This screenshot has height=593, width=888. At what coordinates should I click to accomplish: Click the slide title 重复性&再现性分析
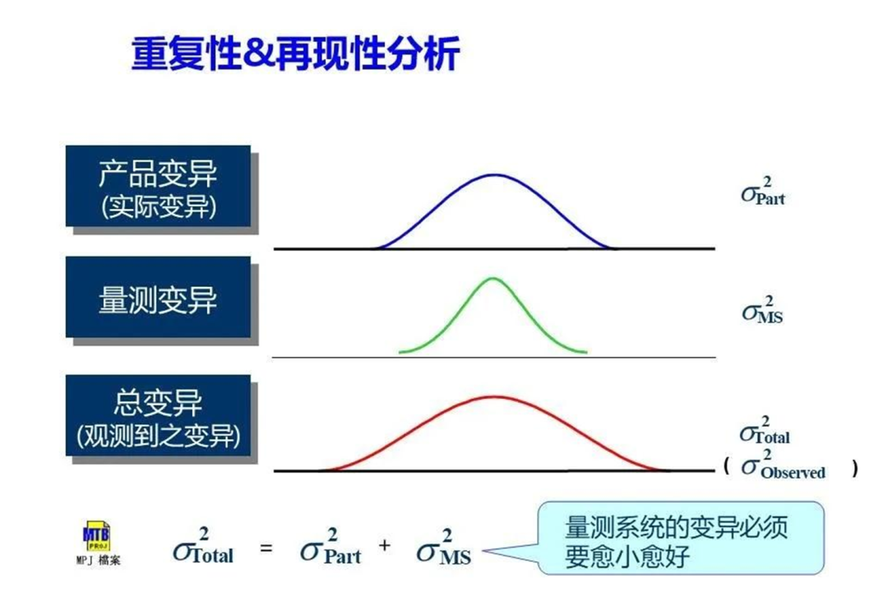(295, 53)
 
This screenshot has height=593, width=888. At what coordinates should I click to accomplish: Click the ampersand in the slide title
(259, 54)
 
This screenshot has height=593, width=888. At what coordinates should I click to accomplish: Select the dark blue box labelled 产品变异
(158, 187)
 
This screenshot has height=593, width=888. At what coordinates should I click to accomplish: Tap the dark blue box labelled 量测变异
(158, 298)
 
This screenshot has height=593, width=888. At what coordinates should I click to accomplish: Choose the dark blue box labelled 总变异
(158, 415)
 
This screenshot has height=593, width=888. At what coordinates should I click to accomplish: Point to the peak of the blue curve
(494, 174)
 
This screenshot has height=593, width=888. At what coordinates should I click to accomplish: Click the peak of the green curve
(493, 278)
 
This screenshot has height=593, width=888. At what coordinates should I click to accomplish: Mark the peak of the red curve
(494, 396)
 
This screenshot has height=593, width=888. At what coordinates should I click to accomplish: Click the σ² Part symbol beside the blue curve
(763, 191)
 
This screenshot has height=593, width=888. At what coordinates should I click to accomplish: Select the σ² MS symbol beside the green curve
(762, 309)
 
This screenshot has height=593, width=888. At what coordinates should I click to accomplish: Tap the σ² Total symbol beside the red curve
(765, 430)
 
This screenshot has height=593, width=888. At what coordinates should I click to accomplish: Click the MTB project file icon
(97, 535)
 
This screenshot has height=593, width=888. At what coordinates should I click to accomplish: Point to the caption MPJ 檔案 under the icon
(98, 561)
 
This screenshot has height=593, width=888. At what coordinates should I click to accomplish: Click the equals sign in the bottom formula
(266, 548)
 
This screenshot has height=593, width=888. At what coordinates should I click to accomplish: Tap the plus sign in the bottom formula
(385, 545)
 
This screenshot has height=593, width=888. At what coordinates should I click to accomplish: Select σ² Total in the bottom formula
(203, 547)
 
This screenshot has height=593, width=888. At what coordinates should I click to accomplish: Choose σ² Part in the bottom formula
(331, 547)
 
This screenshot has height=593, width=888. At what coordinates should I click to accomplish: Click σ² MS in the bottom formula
(444, 547)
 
